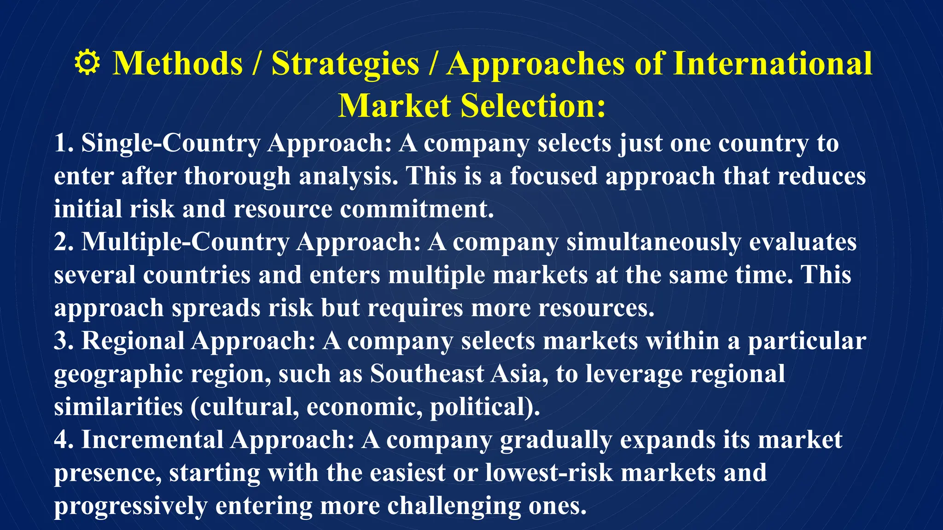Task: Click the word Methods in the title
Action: pos(178,63)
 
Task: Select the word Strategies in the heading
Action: pos(345,63)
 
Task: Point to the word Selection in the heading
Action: pos(533,106)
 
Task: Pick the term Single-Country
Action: pos(171,143)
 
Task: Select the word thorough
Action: pos(238,176)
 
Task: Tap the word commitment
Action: pos(417,209)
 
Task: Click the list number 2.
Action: pos(63,242)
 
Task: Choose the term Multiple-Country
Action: pos(185,242)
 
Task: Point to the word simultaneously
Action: pos(653,242)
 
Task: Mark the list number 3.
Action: pos(63,341)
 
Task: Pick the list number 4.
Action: pos(63,440)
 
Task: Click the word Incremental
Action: pos(152,440)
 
